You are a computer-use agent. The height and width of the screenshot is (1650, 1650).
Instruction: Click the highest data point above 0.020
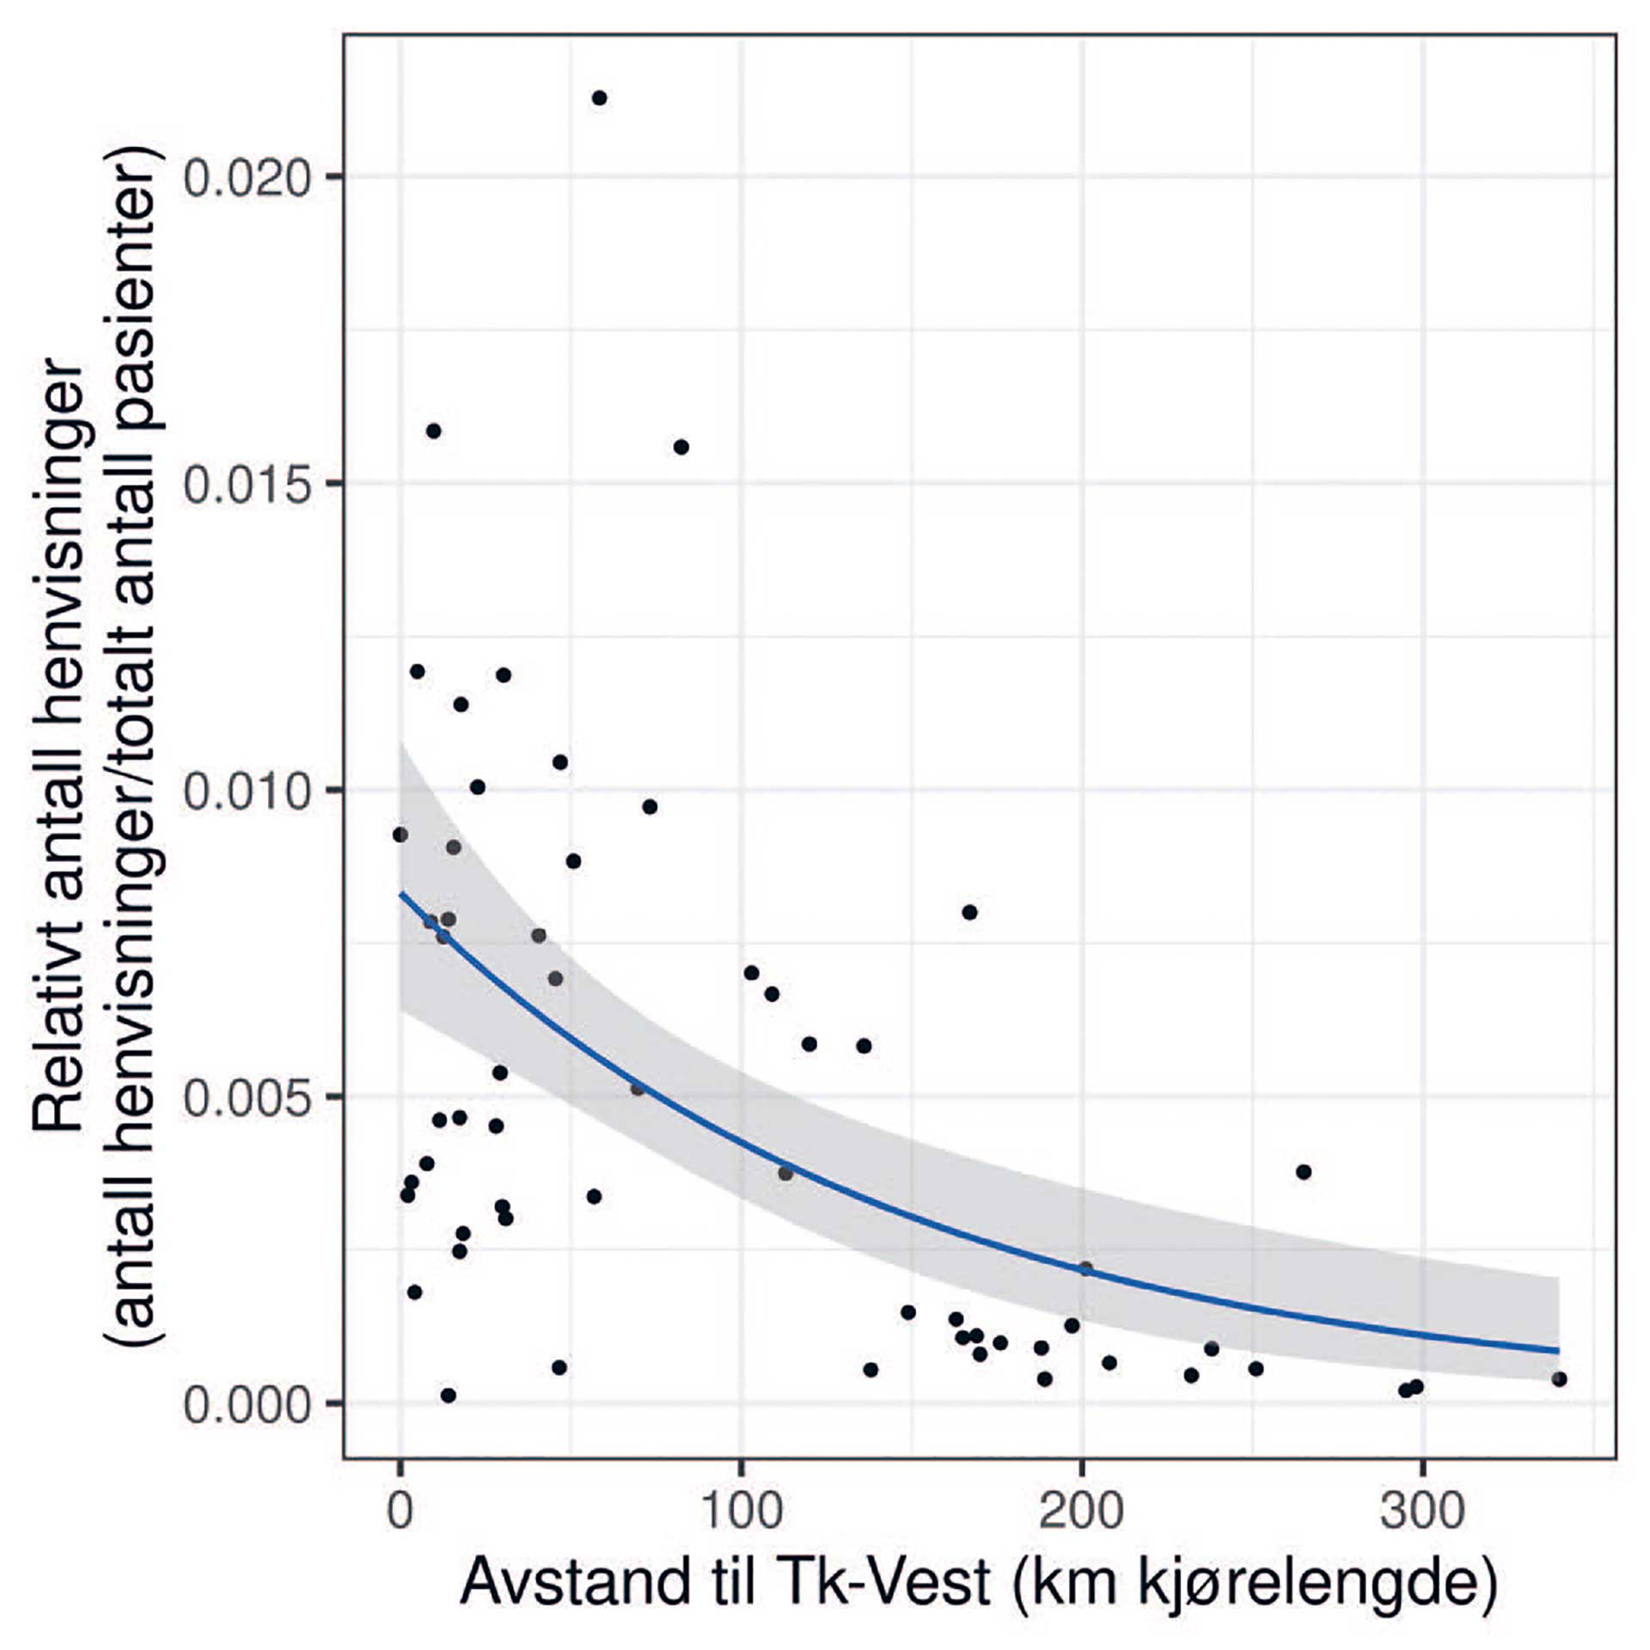599,98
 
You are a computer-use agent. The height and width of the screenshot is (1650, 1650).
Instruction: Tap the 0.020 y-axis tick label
246,178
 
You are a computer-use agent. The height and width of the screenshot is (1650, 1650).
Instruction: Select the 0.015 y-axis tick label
246,484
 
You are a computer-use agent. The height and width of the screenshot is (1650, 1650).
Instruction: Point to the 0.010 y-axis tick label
246,791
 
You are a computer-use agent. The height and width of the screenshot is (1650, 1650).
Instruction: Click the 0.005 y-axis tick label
246,1097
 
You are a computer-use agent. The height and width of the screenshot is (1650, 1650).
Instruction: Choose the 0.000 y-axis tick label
246,1404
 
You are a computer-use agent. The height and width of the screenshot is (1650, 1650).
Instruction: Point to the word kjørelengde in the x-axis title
1315,1582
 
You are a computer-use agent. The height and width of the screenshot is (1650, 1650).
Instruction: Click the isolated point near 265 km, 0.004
1304,1171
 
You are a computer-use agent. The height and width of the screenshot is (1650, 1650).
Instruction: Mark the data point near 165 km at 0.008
969,912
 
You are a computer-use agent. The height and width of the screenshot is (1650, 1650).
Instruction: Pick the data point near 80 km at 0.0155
681,447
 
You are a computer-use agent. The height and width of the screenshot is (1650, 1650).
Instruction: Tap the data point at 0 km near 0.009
400,834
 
